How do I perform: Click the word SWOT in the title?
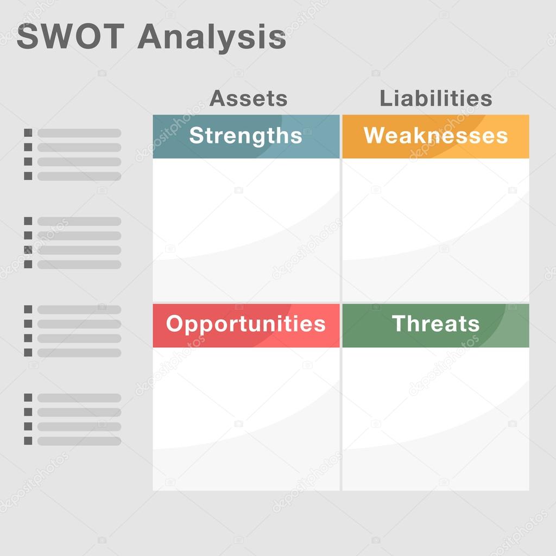(x=71, y=36)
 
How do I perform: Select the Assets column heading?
(x=248, y=98)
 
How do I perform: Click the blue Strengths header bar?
(x=246, y=136)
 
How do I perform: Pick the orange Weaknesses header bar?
(x=435, y=136)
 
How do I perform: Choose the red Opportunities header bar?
(x=246, y=326)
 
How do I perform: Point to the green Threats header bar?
(x=435, y=326)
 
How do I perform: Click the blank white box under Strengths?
(x=246, y=230)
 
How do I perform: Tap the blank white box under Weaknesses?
(x=435, y=230)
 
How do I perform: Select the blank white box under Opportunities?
(x=246, y=419)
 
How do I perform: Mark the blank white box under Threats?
(x=435, y=419)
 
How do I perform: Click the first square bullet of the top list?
(x=28, y=132)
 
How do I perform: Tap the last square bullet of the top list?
(x=28, y=176)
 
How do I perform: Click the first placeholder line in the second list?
(x=79, y=222)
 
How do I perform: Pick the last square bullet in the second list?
(x=28, y=264)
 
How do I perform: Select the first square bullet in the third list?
(x=28, y=309)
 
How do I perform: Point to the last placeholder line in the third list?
(x=79, y=352)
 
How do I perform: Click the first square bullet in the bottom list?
(x=28, y=397)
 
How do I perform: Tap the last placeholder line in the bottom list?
(x=79, y=441)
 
